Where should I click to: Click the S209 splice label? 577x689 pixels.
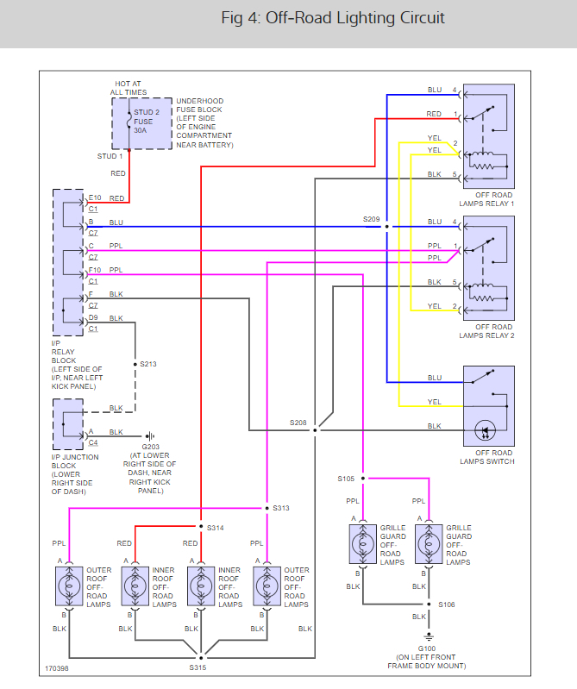(x=372, y=219)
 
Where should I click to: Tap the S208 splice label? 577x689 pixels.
(x=298, y=422)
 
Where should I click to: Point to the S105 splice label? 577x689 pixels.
(x=347, y=478)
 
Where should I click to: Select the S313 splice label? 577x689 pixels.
(x=281, y=508)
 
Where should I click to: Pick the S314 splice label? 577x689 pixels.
(x=216, y=526)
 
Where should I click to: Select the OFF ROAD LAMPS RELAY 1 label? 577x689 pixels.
(x=488, y=199)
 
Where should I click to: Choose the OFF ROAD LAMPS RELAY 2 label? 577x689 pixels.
(x=488, y=331)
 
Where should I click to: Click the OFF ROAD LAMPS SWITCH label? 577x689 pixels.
(x=488, y=457)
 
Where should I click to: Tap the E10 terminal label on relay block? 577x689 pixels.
(x=95, y=197)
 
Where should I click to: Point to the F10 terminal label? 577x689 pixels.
(x=95, y=270)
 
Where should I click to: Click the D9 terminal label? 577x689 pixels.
(x=94, y=318)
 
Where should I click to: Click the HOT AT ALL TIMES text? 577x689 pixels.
(x=128, y=87)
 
